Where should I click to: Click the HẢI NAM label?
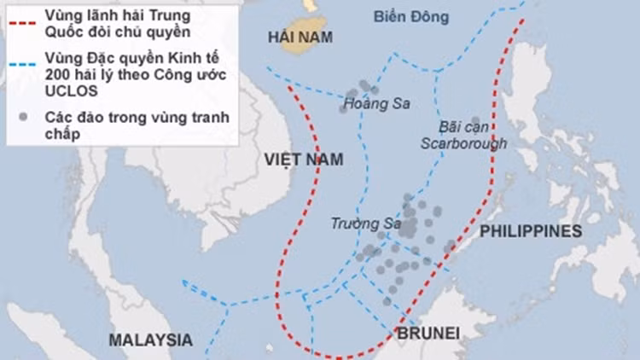click(299, 37)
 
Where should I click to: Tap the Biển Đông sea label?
click(406, 16)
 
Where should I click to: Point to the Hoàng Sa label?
click(375, 105)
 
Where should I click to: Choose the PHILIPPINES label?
click(530, 231)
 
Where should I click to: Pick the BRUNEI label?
click(428, 332)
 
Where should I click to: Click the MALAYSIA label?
click(150, 340)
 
